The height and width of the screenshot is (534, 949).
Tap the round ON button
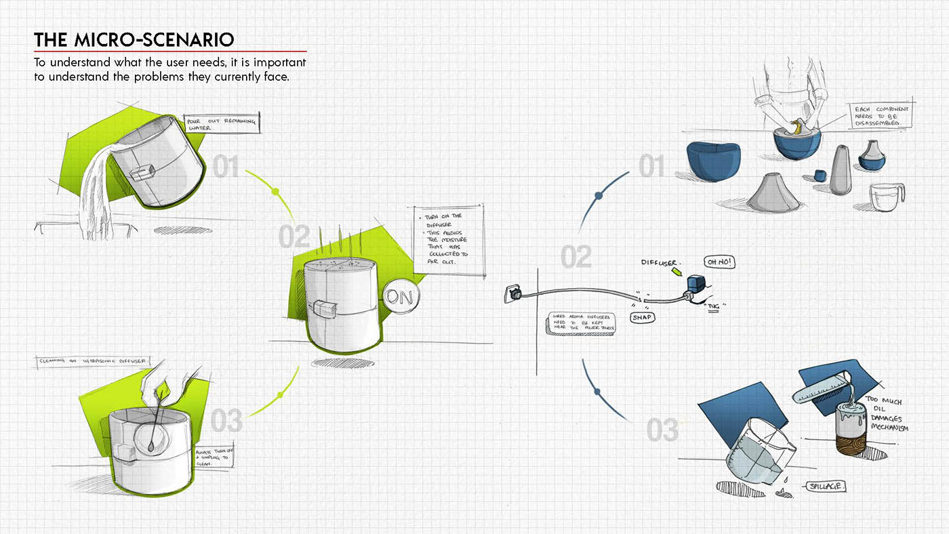400,297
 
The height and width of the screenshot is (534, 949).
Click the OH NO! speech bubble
720,262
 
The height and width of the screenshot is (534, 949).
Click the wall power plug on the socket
514,293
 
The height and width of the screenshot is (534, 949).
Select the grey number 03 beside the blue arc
662,430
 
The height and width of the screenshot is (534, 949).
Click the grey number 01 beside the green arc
227,167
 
